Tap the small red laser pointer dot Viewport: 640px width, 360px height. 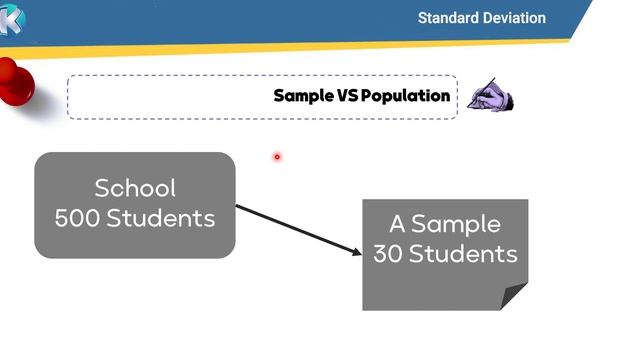(x=277, y=156)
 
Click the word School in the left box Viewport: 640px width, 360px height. (x=135, y=188)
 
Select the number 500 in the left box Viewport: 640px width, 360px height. (x=76, y=217)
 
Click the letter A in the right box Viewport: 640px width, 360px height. (x=398, y=224)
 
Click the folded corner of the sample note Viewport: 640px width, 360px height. (x=514, y=296)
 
